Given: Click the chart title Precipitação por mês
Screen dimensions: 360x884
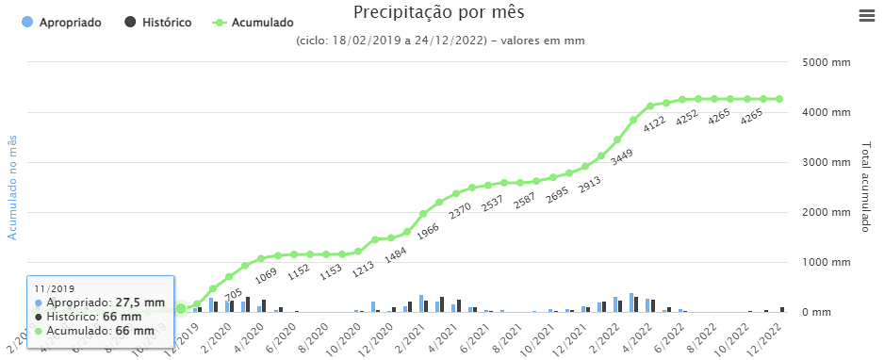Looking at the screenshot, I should pos(438,12).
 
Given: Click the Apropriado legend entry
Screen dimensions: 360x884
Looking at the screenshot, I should pos(61,22).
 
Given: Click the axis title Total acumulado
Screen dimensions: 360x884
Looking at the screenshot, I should pos(865,188).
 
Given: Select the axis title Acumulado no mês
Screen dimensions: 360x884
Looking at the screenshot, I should pos(13,187).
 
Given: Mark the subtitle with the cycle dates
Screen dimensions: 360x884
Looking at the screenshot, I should pos(439,41).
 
